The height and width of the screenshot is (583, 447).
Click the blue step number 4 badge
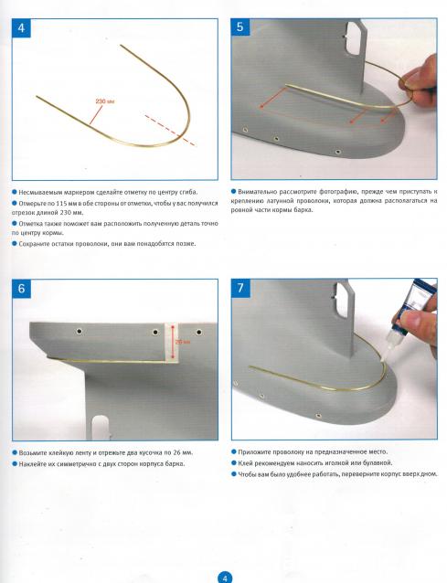click(x=21, y=28)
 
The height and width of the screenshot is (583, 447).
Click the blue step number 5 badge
click(x=239, y=27)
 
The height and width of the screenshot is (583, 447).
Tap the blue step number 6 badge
click(x=21, y=289)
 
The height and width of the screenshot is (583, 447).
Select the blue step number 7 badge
click(x=240, y=288)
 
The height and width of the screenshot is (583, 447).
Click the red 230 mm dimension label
click(x=105, y=101)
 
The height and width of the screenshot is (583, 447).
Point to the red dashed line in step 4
click(x=170, y=130)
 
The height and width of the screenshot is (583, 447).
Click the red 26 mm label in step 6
click(x=182, y=342)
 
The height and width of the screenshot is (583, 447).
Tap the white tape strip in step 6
click(x=172, y=342)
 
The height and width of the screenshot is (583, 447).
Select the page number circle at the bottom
click(x=224, y=578)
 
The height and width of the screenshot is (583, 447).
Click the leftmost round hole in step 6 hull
click(x=80, y=331)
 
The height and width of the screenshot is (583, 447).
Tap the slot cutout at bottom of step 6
click(x=101, y=428)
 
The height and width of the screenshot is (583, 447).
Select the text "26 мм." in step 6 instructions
click(x=183, y=453)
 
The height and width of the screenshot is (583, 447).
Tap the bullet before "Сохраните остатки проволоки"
click(x=15, y=244)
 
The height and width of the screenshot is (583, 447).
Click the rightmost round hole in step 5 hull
click(x=337, y=152)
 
